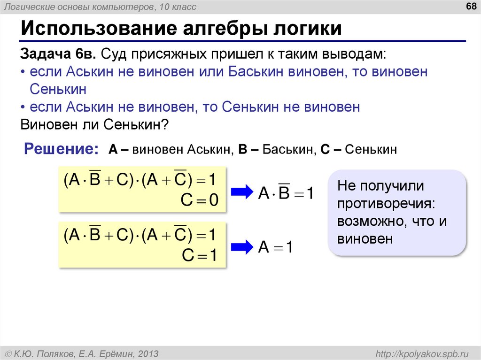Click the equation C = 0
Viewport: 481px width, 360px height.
coord(200,200)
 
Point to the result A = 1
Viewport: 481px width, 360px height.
coord(276,247)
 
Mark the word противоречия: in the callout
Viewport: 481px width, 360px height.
coord(386,204)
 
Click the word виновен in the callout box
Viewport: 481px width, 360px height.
coord(364,239)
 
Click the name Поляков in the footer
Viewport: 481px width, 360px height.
coord(61,353)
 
